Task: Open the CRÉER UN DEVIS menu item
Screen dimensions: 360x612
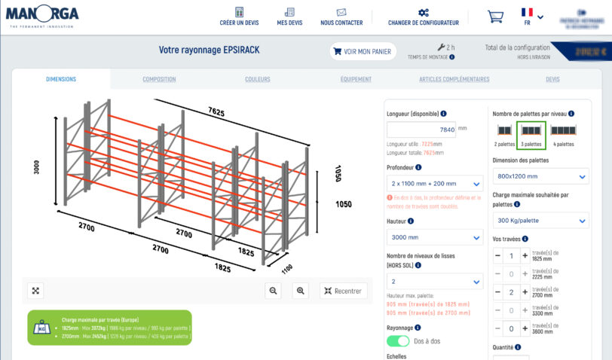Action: point(239,17)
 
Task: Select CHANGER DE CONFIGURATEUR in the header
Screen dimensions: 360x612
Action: point(424,17)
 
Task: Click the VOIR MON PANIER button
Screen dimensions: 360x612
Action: point(363,51)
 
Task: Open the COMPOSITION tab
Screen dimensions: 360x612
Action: point(159,79)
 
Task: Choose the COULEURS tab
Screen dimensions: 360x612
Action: point(258,79)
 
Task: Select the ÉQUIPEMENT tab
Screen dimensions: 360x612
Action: point(356,79)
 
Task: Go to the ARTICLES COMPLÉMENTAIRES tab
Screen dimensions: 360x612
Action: point(454,79)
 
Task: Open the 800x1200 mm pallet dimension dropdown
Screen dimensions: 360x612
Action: point(540,176)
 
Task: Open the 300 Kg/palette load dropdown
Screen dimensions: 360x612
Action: point(540,221)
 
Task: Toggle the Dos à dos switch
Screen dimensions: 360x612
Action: point(398,341)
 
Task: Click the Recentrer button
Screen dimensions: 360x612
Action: point(343,291)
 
